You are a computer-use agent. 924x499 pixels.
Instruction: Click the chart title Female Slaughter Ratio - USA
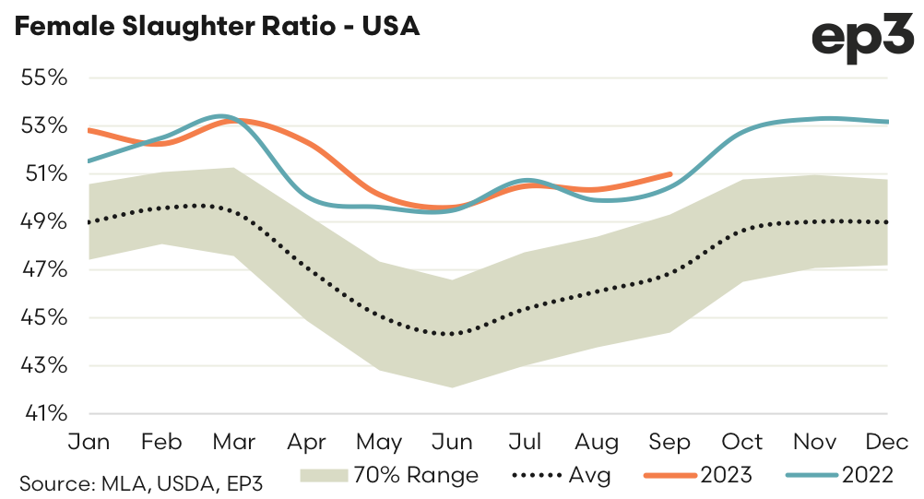pyautogui.click(x=218, y=27)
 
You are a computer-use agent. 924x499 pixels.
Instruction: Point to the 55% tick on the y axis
pyautogui.click(x=44, y=77)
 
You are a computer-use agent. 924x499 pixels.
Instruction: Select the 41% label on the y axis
pyautogui.click(x=44, y=413)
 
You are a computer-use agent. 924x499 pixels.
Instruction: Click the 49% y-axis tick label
pyautogui.click(x=44, y=221)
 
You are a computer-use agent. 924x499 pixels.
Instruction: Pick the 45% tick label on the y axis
pyautogui.click(x=44, y=317)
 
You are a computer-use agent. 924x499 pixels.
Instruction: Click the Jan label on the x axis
pyautogui.click(x=89, y=443)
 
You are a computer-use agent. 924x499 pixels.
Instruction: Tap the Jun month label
pyautogui.click(x=452, y=443)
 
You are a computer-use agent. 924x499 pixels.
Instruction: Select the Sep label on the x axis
pyautogui.click(x=669, y=443)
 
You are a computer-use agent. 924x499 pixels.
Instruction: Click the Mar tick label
pyautogui.click(x=234, y=443)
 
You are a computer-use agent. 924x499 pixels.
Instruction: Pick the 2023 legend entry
pyautogui.click(x=698, y=476)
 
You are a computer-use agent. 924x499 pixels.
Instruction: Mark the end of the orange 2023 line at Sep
pyautogui.click(x=669, y=173)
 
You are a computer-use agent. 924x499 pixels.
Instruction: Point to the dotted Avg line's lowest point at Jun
pyautogui.click(x=452, y=334)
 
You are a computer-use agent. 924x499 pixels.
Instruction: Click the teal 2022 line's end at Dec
pyautogui.click(x=887, y=122)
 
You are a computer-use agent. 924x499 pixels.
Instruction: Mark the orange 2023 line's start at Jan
pyautogui.click(x=89, y=130)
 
